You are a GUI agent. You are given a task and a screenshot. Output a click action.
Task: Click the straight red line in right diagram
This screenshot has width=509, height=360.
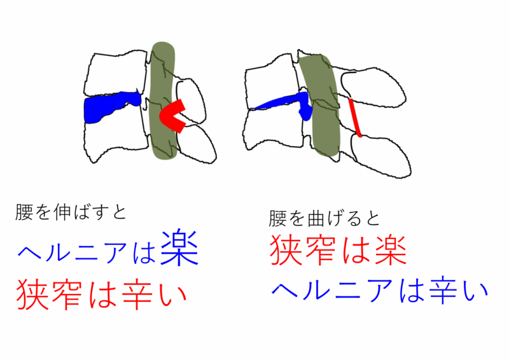coord(354,117)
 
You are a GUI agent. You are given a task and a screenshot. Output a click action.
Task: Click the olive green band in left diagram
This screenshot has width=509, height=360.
coord(164,100)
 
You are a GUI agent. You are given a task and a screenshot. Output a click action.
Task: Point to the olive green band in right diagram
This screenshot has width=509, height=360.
coord(320,104)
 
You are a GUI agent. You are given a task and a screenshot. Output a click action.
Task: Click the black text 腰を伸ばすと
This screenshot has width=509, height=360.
coord(71,212)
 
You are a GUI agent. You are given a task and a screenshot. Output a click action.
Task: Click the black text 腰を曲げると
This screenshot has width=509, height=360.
coord(324,218)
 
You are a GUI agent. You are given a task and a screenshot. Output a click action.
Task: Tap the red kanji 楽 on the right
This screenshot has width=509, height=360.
coord(390,251)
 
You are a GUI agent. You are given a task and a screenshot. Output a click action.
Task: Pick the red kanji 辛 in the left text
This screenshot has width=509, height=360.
coord(136,294)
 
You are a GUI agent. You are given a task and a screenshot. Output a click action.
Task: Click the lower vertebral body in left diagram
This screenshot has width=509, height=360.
coord(115,136)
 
